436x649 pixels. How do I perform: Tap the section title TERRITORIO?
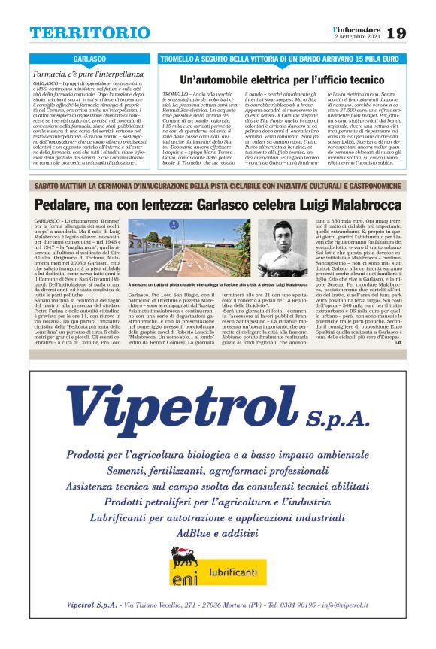(89, 33)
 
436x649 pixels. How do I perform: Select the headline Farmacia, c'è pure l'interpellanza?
(89, 74)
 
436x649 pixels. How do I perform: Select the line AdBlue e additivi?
(218, 532)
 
